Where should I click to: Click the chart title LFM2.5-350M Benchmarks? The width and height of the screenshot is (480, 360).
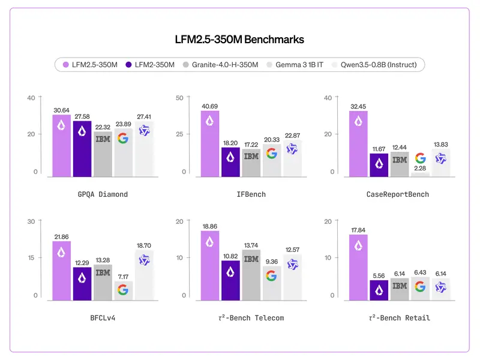click(x=240, y=40)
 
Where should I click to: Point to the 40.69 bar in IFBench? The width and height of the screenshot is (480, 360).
click(x=210, y=144)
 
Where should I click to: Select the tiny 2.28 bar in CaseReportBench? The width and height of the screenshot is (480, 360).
click(x=420, y=174)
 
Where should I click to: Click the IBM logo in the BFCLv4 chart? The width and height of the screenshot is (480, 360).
click(x=103, y=272)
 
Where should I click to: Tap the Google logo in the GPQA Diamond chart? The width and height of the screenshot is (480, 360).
click(x=123, y=139)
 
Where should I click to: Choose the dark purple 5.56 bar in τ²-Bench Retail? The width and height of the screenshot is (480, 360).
click(x=379, y=289)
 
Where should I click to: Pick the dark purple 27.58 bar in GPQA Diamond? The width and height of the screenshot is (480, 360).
click(x=82, y=149)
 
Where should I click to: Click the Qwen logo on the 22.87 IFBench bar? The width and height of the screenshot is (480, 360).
click(x=292, y=149)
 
